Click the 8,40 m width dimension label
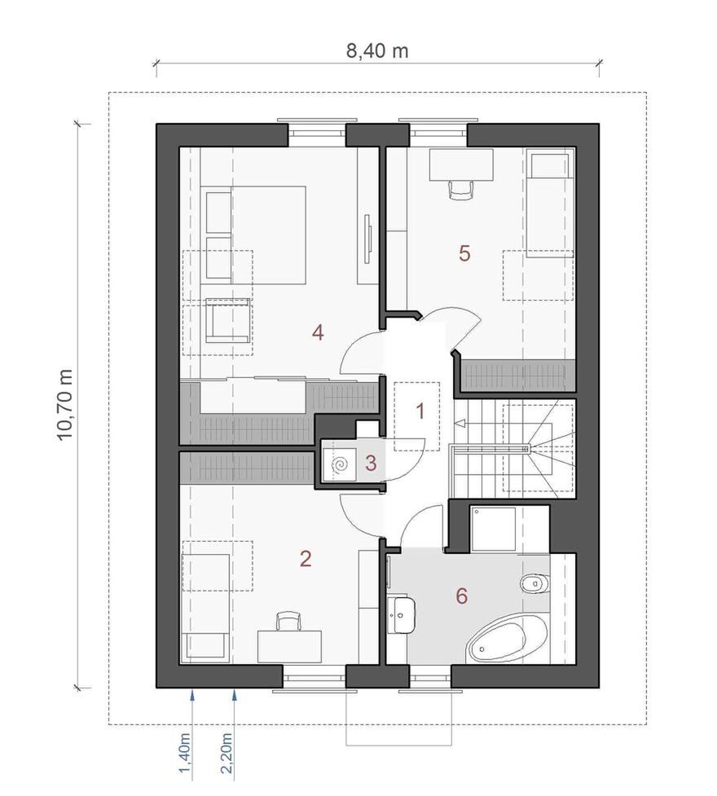pos(377,51)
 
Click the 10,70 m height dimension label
pos(66,405)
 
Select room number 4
pos(318,333)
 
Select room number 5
pos(464,253)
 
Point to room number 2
pos(306,559)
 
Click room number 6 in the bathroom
pos(462,596)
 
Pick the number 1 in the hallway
pos(420,411)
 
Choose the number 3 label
pos(371,463)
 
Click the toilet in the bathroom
pos(534,583)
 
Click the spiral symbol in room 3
pos(340,464)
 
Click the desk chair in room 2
pos(289,622)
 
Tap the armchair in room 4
pos(228,320)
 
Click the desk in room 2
pos(289,646)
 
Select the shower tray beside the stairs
pos(493,529)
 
